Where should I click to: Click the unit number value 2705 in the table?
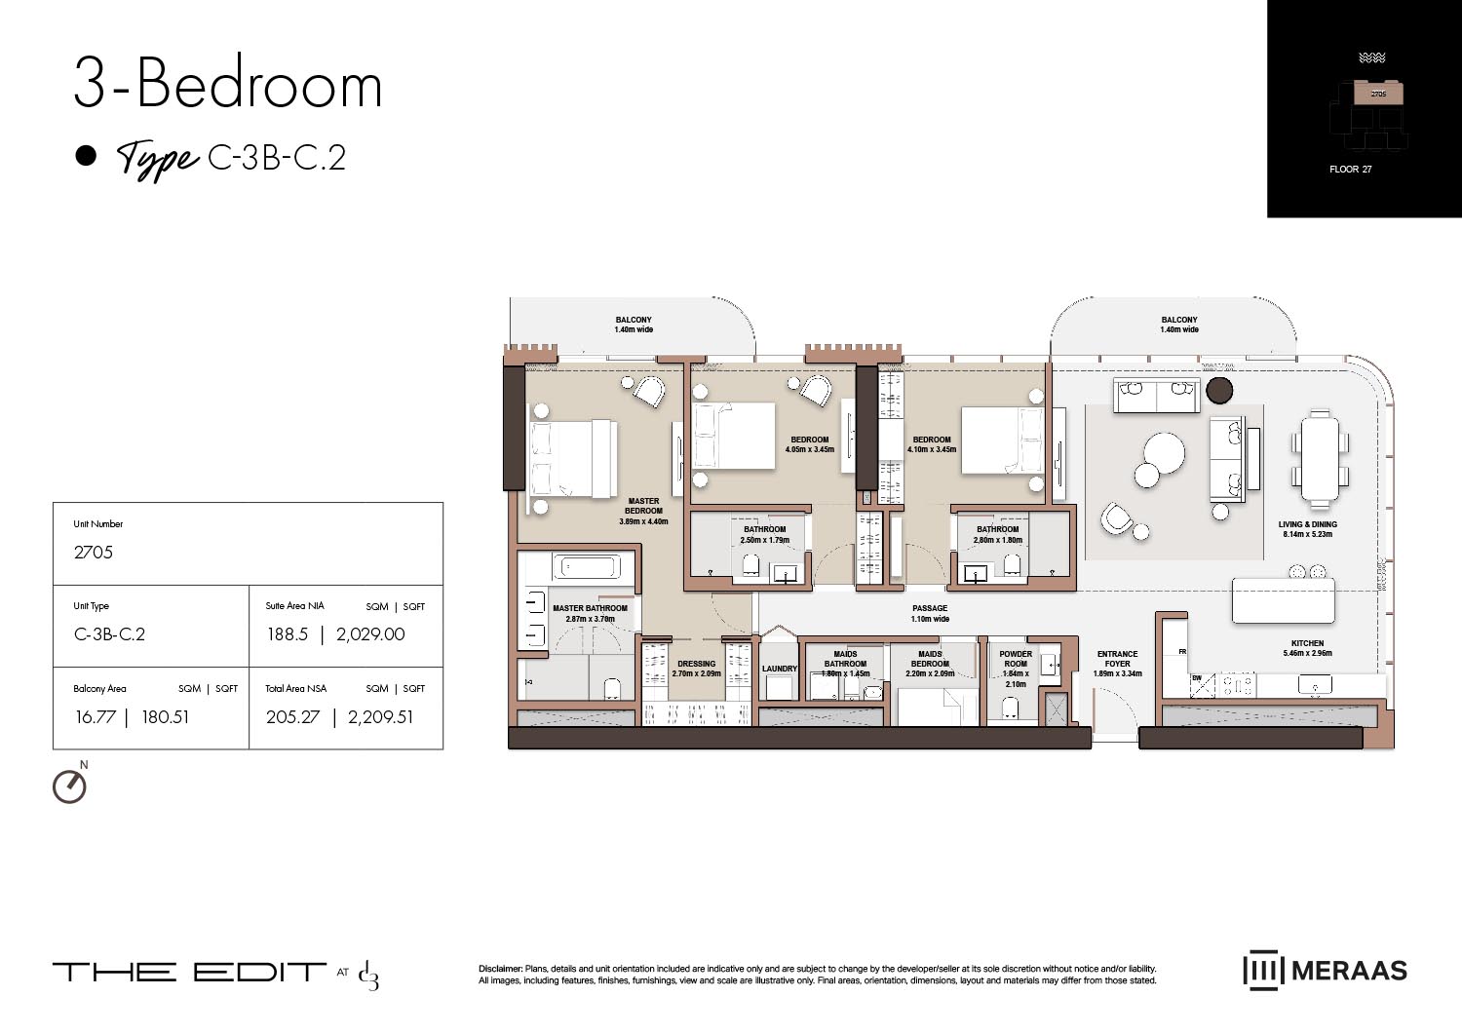(94, 553)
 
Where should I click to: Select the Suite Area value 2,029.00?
(370, 634)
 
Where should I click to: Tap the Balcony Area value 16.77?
(95, 717)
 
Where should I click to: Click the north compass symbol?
(69, 786)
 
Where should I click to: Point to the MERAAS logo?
(1325, 971)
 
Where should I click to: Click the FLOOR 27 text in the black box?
(1350, 170)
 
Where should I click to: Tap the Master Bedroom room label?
(643, 511)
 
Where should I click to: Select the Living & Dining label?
(1307, 529)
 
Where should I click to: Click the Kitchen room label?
(1307, 648)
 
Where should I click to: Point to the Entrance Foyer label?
(1117, 663)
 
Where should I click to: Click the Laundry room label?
(779, 669)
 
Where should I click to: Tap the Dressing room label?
(696, 669)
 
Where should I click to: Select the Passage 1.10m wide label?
(929, 613)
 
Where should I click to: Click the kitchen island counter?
(1283, 600)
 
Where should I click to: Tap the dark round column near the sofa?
(1219, 391)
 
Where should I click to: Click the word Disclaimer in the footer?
(500, 969)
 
